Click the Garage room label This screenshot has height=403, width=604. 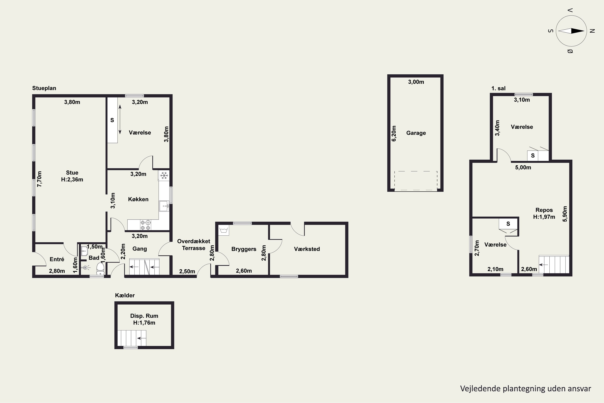point(416,133)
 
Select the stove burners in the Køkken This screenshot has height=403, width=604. point(146,225)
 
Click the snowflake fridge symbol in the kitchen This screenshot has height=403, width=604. point(164,176)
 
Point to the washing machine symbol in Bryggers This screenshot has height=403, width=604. point(224,230)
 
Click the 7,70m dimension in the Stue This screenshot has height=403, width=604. point(39,179)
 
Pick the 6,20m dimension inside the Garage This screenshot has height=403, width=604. point(394,133)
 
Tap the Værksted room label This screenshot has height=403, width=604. point(307,249)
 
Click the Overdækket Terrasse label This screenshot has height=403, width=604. point(194,245)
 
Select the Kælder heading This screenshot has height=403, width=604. point(125,295)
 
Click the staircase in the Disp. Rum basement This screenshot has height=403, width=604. point(132,338)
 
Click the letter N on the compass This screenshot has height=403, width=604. point(592,31)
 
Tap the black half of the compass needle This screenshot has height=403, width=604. point(578,31)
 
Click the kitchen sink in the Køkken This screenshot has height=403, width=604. point(164,206)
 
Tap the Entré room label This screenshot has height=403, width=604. point(57,259)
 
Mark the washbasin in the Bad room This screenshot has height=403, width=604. point(84,251)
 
